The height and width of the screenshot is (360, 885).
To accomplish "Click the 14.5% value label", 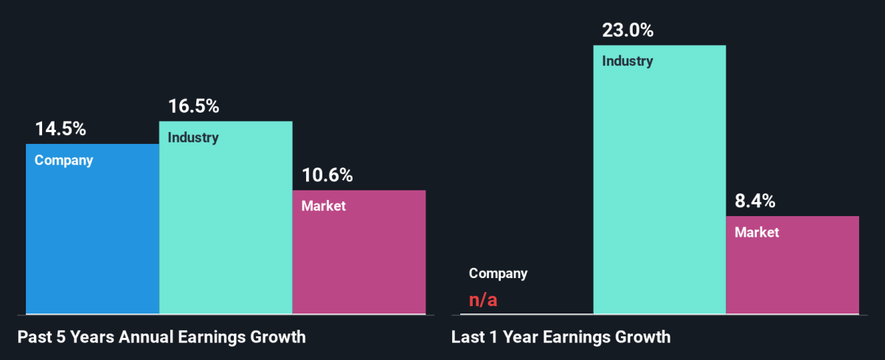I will [x=60, y=129].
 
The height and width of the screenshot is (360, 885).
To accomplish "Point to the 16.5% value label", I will [x=193, y=106].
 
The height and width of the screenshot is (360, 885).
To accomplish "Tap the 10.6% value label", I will [x=327, y=176].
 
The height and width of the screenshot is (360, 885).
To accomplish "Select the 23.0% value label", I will [x=628, y=31].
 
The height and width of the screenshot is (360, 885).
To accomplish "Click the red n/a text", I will [x=482, y=300].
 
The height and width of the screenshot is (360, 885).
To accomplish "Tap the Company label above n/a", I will [x=499, y=274].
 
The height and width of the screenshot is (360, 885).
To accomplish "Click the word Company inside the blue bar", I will [x=64, y=160].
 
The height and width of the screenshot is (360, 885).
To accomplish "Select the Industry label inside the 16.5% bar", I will [x=193, y=137].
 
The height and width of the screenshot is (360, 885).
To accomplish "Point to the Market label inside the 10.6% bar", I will [x=324, y=206].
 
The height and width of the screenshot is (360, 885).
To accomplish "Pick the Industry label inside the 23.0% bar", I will [x=628, y=61].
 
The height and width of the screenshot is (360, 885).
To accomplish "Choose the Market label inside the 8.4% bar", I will [x=757, y=232].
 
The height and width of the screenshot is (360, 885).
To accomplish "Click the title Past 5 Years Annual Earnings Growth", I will [x=162, y=338].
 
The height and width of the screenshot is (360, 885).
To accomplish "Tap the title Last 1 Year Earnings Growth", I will [x=561, y=338].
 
